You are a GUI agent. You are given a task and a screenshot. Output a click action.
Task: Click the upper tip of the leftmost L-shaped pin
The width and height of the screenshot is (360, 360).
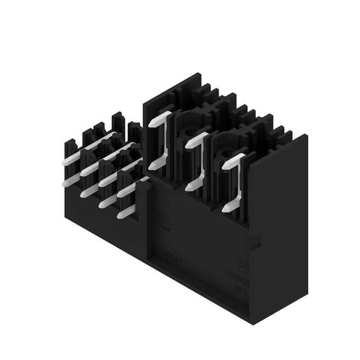point(153,122)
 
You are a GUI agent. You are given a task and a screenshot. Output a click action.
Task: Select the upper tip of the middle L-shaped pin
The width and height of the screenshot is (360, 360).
point(188,144)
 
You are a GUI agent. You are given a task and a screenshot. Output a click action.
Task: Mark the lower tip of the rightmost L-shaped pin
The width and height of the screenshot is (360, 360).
point(226,208)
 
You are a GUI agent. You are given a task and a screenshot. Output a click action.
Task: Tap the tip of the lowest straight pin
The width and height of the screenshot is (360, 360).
point(120,216)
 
